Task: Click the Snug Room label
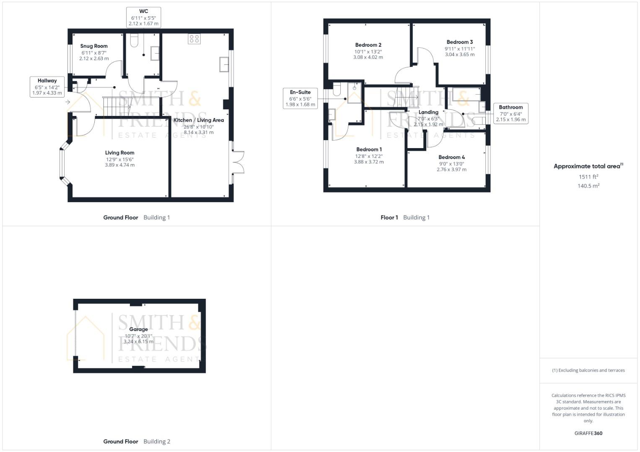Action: (94, 46)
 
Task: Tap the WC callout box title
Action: (143, 11)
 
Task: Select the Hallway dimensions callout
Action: (47, 87)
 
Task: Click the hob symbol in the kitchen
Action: (194, 39)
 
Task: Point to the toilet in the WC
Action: (134, 41)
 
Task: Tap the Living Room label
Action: (119, 153)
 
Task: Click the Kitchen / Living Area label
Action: (199, 120)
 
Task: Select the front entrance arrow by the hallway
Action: (68, 102)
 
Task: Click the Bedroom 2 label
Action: (368, 45)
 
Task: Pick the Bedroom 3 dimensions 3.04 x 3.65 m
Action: (460, 54)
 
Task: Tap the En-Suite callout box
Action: (300, 98)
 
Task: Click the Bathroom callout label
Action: (511, 107)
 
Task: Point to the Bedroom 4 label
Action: (451, 157)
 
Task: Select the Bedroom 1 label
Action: (369, 149)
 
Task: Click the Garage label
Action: (138, 329)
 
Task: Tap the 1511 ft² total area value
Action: (588, 177)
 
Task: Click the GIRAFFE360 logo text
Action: (588, 433)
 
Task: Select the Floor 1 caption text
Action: (389, 218)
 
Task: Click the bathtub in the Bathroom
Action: (466, 95)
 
